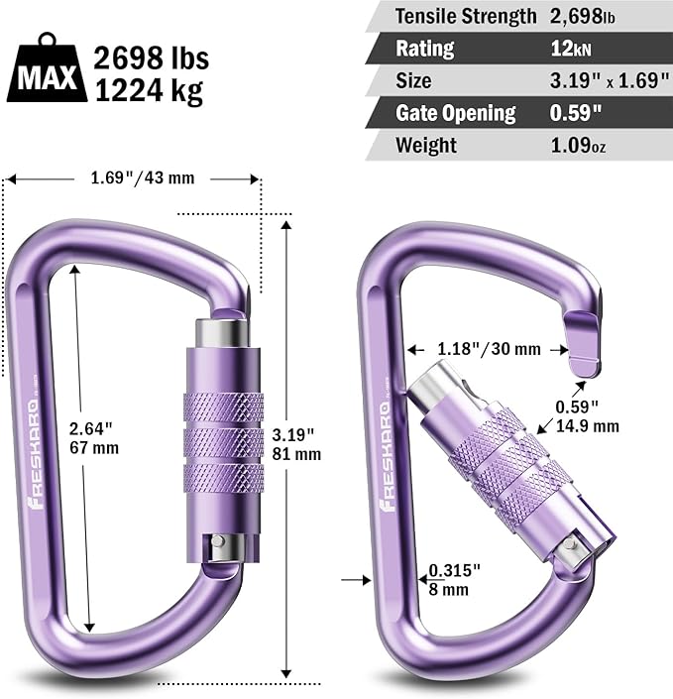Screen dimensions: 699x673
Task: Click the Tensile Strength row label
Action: coord(460,16)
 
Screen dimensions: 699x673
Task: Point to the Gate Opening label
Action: coord(456,112)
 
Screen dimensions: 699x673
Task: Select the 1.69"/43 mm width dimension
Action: coord(135,178)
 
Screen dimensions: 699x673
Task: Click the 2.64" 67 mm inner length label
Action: coord(94,437)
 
